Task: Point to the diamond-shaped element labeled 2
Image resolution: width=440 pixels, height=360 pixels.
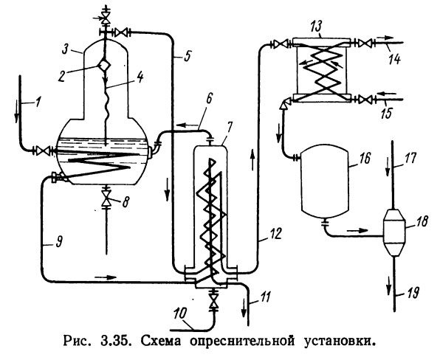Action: [x=104, y=64]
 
